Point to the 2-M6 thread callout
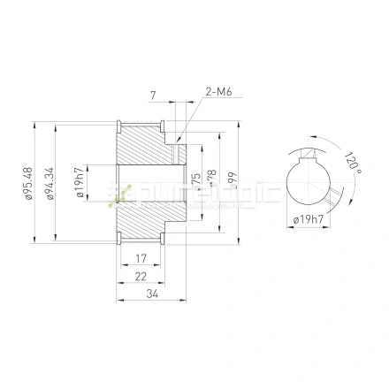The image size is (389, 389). point(217,90)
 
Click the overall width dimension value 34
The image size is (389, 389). point(152,294)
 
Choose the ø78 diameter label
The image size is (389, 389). point(212,180)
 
